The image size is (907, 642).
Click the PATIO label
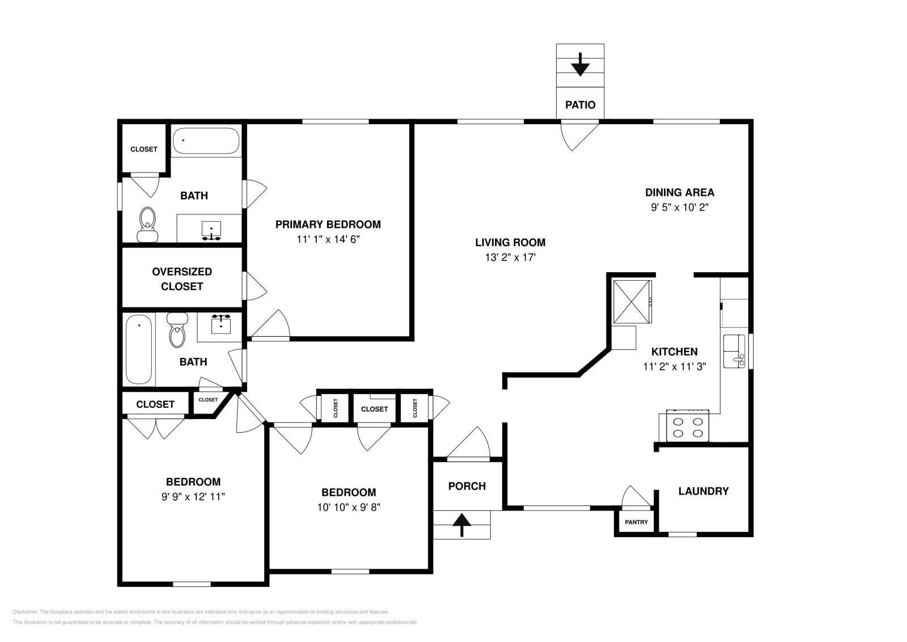(580, 105)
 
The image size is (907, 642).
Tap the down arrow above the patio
(580, 65)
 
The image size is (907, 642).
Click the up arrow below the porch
(462, 525)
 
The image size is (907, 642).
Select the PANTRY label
(636, 522)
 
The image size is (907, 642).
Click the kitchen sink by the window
(734, 352)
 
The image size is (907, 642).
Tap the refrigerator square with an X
(631, 302)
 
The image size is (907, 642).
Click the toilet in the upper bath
(147, 225)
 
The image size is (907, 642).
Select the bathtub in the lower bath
(139, 349)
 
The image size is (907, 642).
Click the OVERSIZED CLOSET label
(181, 279)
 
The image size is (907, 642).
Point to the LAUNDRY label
(703, 491)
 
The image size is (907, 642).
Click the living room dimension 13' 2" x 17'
(510, 257)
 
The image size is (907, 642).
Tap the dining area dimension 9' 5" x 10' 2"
(679, 208)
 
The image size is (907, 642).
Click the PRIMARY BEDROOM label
(328, 225)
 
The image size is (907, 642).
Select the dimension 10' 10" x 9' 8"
(348, 508)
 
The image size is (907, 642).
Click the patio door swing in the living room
(577, 136)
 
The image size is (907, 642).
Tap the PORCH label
(467, 486)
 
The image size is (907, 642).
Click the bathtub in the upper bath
(205, 140)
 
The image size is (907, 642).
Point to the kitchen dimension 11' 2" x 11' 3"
(674, 367)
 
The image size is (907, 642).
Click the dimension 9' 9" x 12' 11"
(193, 497)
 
